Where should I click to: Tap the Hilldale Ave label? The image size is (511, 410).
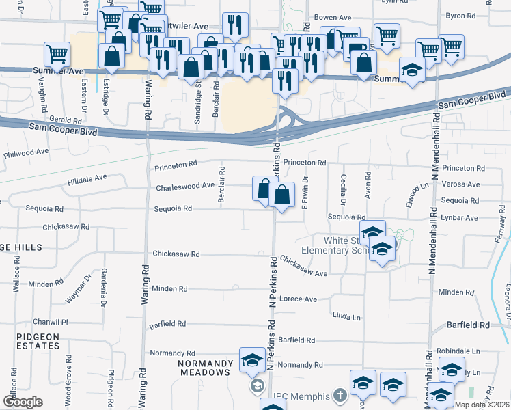(87, 177)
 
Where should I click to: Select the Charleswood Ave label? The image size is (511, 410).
(185, 186)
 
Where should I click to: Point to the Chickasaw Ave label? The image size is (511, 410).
(303, 266)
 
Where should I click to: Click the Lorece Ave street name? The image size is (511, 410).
(298, 299)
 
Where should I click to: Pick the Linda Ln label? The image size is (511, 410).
(346, 316)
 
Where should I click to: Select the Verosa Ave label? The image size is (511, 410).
(460, 184)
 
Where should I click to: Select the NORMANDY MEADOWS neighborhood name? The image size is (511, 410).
(204, 368)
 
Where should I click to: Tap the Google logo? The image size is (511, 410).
(23, 402)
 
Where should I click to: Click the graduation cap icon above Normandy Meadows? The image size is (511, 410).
(252, 359)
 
